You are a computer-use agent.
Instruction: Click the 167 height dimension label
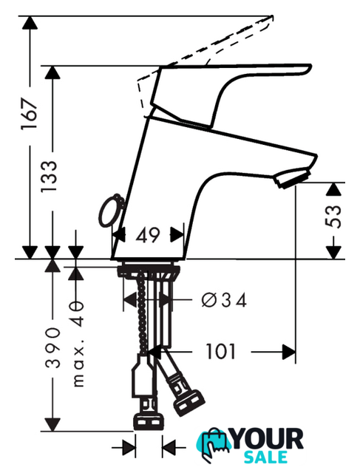[30, 113]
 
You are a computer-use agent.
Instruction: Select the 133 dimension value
[50, 177]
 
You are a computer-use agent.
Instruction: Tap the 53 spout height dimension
[333, 217]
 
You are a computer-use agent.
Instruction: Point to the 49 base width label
[148, 235]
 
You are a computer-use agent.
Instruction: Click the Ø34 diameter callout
[224, 300]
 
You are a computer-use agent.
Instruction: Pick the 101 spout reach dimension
[220, 352]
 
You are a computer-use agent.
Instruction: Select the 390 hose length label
[52, 347]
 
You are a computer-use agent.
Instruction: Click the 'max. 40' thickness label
[78, 344]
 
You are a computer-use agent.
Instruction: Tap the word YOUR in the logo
[268, 440]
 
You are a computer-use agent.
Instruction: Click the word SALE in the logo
[265, 457]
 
